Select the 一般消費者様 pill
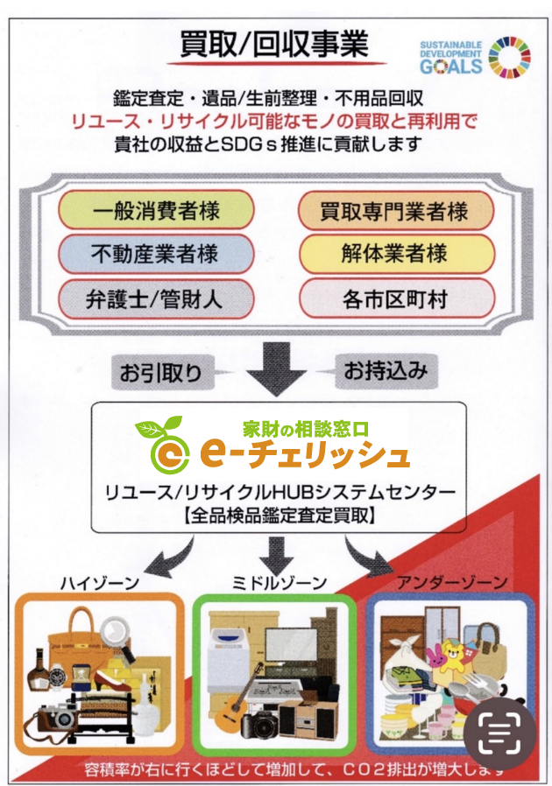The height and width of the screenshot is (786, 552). pyautogui.click(x=155, y=210)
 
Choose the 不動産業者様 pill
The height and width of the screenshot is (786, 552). pyautogui.click(x=155, y=255)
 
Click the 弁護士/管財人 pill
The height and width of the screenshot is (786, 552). pyautogui.click(x=155, y=299)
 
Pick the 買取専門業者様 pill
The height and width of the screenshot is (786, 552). pyautogui.click(x=395, y=210)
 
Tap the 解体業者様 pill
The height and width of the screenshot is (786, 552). pyautogui.click(x=395, y=255)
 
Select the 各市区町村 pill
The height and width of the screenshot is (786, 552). pyautogui.click(x=395, y=299)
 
